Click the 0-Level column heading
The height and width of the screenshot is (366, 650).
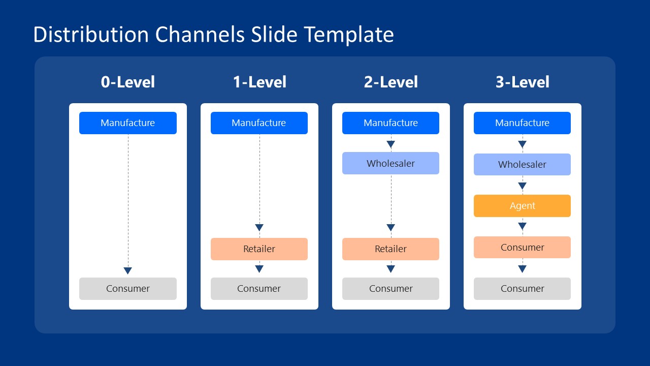(128, 82)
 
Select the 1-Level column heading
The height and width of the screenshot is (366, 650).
(259, 82)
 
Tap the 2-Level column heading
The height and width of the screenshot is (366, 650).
(391, 82)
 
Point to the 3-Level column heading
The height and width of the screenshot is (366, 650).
(523, 82)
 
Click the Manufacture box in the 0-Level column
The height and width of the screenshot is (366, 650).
(128, 123)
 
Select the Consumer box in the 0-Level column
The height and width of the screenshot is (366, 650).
(128, 289)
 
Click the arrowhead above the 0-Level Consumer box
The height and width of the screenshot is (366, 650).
(128, 271)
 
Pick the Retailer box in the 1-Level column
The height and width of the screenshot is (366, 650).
(259, 249)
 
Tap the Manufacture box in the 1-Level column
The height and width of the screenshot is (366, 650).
(259, 123)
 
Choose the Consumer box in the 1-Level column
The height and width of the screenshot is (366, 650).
(259, 289)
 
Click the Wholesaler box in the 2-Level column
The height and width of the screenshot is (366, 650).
(391, 163)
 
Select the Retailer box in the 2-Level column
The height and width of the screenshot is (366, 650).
(391, 249)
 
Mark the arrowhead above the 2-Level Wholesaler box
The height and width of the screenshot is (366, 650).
(391, 144)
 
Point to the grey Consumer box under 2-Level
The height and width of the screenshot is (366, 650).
(391, 289)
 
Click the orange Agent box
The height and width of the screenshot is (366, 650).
(522, 206)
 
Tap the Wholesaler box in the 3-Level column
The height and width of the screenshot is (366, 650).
(522, 165)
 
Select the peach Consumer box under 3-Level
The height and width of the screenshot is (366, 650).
(522, 248)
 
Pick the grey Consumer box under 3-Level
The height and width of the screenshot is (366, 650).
(522, 289)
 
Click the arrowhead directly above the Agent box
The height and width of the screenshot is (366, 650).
(522, 186)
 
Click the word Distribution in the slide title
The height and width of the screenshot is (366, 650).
(91, 35)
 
